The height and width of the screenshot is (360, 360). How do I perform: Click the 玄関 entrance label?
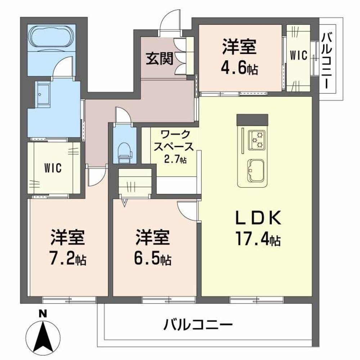click(159, 58)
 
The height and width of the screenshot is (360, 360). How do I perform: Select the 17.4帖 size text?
click(258, 238)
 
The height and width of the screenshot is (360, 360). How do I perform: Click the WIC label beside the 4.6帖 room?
click(298, 55)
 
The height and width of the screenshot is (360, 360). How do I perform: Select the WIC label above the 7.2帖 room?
click(53, 168)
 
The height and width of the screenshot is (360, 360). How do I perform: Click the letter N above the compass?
click(43, 314)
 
